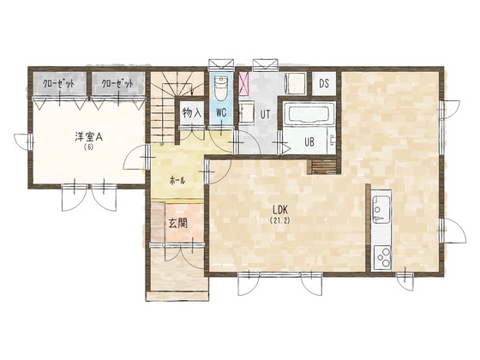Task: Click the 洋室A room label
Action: click(88, 135)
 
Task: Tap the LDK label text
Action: click(280, 208)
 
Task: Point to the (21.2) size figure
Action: click(280, 220)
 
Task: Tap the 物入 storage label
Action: click(191, 112)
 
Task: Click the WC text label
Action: click(220, 112)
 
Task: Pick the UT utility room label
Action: click(267, 112)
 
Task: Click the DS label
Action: click(324, 84)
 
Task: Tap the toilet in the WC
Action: click(220, 87)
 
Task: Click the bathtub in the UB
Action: click(310, 115)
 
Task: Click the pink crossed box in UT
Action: click(245, 84)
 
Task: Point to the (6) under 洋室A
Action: click(88, 147)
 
